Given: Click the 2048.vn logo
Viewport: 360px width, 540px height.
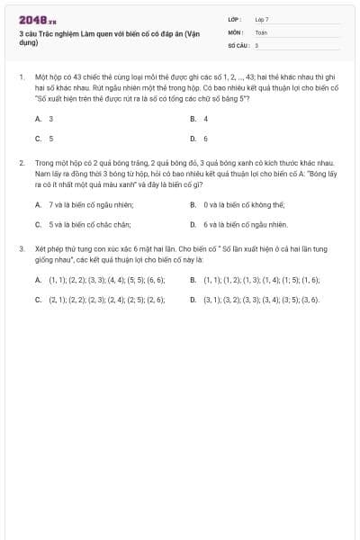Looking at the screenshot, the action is [x=37, y=20].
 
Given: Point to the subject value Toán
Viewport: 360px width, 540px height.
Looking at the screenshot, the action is [x=261, y=31].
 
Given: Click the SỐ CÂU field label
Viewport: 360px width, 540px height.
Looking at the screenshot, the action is [x=237, y=44].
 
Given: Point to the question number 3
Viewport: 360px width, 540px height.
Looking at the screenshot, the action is [x=21, y=247].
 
